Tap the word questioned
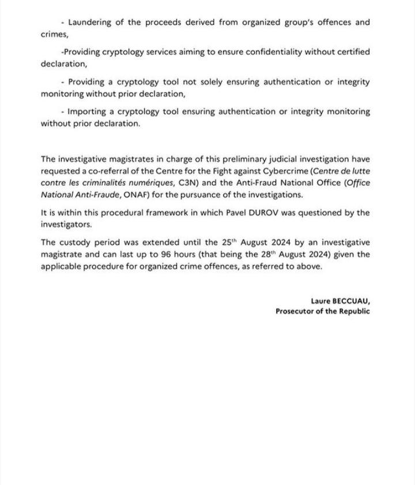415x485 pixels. pyautogui.click(x=310, y=212)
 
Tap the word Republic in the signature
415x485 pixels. pyautogui.click(x=353, y=311)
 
